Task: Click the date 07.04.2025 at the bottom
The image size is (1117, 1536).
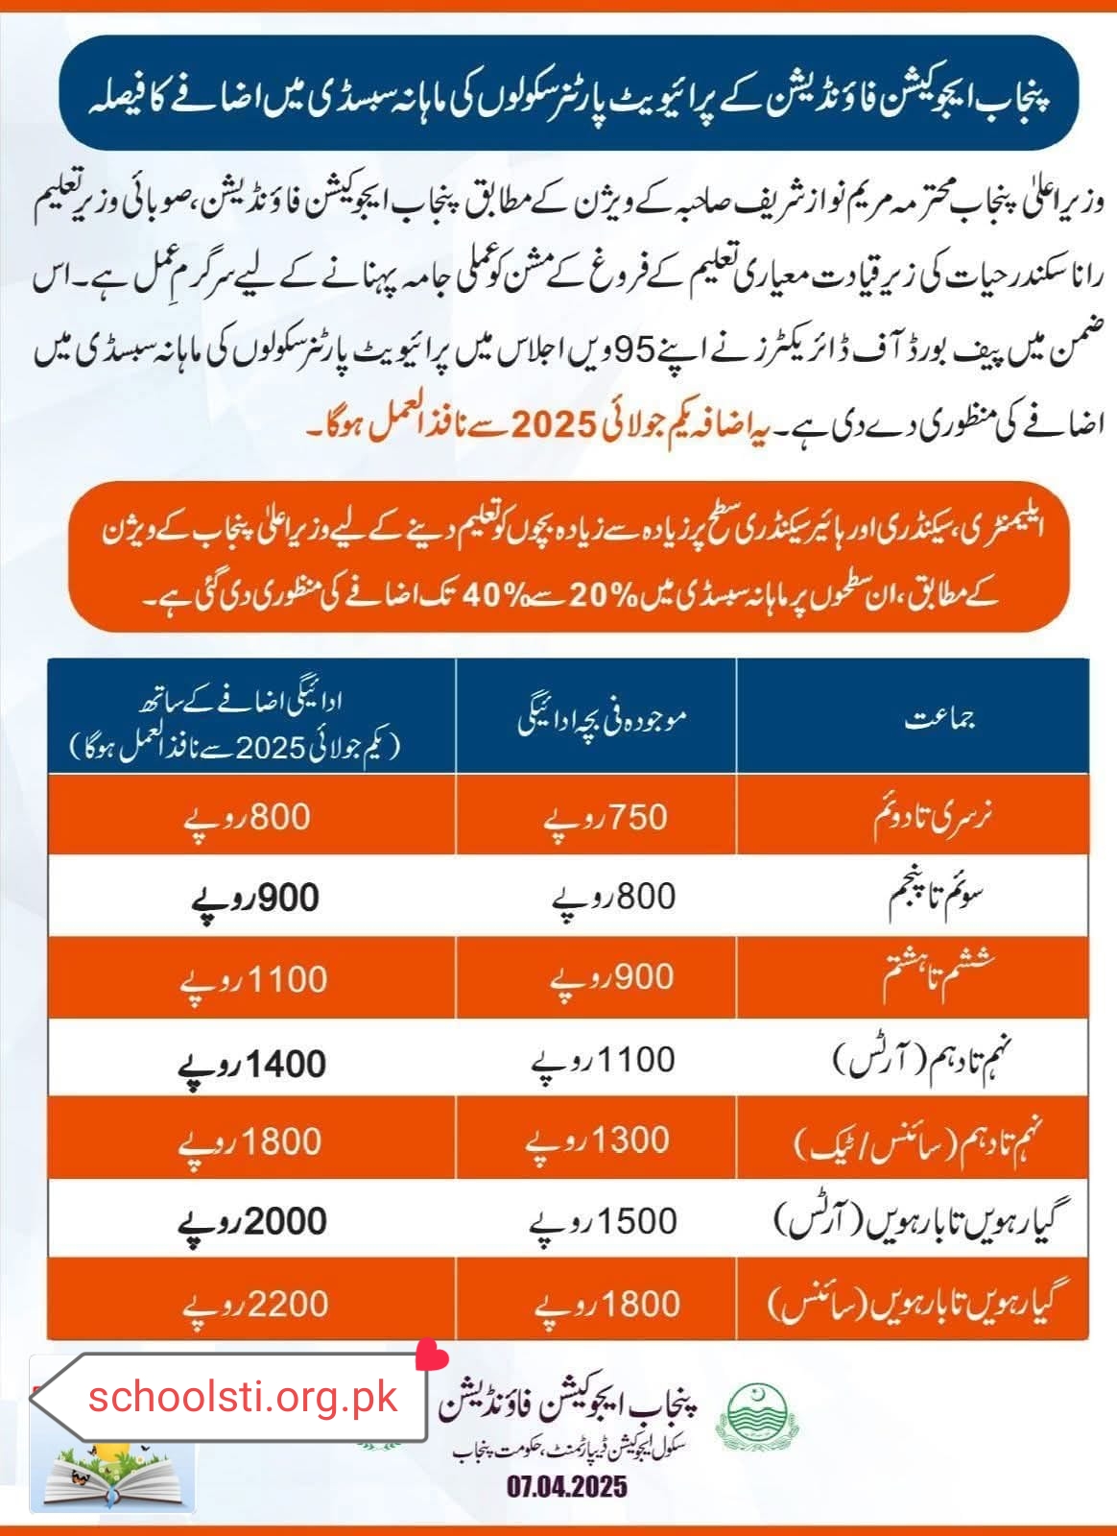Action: click(567, 1487)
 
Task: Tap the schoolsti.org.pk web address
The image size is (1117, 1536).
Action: click(243, 1397)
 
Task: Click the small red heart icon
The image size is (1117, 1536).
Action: click(431, 1356)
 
